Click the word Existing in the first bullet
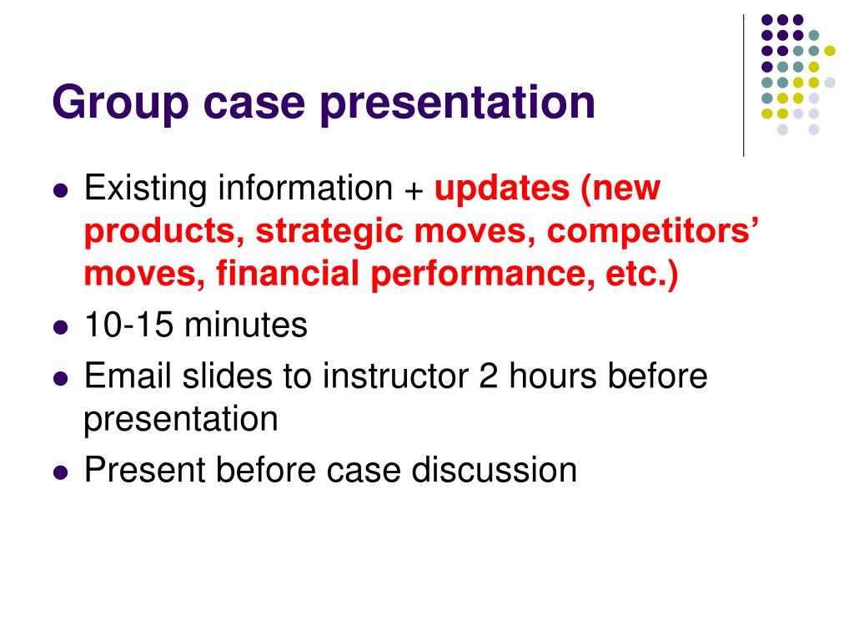click(x=146, y=189)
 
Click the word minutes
click(x=246, y=326)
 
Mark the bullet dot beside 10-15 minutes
click(x=59, y=327)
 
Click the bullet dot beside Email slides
click(x=59, y=377)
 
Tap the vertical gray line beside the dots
click(x=743, y=83)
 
